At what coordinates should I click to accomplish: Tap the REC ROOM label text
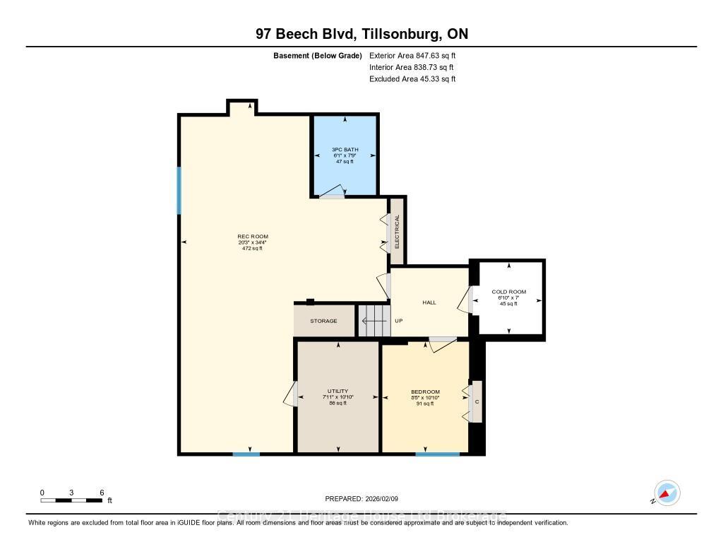(x=252, y=237)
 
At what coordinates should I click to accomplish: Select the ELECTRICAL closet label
(x=397, y=231)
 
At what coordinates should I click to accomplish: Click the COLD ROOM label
(x=508, y=292)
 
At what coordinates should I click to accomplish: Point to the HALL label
(x=429, y=302)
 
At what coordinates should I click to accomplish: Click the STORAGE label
(x=323, y=321)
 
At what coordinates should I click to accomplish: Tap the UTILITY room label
(x=337, y=392)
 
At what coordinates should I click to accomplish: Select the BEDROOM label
(x=425, y=392)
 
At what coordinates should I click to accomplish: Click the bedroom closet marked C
(x=477, y=402)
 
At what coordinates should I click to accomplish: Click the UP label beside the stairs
(x=398, y=321)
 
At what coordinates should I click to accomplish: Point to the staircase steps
(x=374, y=321)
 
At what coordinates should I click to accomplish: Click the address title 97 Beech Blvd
(x=361, y=34)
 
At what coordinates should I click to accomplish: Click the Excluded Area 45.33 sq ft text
(x=412, y=79)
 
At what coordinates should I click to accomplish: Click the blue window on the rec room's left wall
(x=179, y=190)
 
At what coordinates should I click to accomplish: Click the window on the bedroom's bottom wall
(x=438, y=454)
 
